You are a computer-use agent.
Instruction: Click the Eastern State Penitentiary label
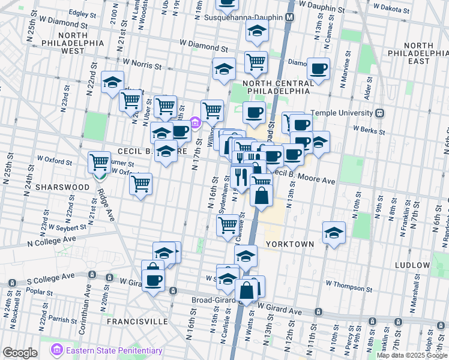[x=114, y=350]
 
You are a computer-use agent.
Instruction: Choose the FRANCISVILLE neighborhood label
[x=137, y=322]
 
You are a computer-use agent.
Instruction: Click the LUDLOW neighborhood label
[x=412, y=265]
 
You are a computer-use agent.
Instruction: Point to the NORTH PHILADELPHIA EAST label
[x=425, y=53]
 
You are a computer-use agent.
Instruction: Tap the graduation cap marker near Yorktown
[x=334, y=233]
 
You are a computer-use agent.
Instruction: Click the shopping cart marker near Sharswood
[x=99, y=161]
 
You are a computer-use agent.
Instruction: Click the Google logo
[x=20, y=353]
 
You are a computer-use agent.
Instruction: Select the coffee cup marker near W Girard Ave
[x=152, y=280]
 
